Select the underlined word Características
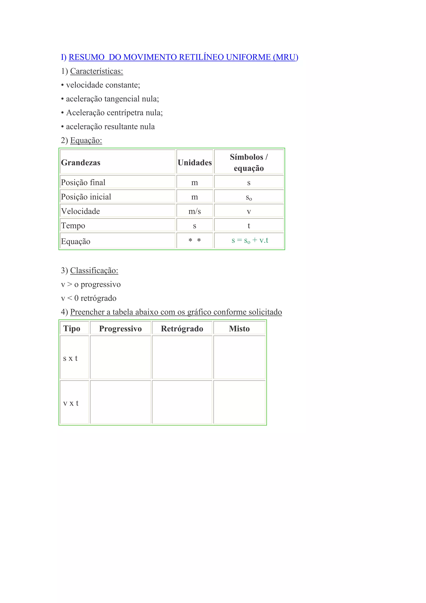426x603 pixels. click(x=96, y=71)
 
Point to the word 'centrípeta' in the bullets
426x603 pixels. click(x=125, y=113)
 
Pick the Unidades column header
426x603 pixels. click(x=194, y=163)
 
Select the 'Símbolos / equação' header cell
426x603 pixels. click(x=249, y=162)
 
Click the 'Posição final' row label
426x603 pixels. click(x=83, y=182)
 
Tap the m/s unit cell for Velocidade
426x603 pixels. click(x=194, y=211)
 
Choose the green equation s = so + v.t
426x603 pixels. click(x=250, y=240)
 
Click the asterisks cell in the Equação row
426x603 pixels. click(x=194, y=240)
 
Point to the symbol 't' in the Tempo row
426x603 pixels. click(x=249, y=226)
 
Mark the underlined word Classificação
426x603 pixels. click(x=94, y=270)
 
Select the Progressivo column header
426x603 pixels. click(x=120, y=329)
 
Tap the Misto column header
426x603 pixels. click(x=239, y=329)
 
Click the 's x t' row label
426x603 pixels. click(x=70, y=358)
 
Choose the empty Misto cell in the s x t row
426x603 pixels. click(x=239, y=357)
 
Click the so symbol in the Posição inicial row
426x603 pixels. click(x=249, y=197)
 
